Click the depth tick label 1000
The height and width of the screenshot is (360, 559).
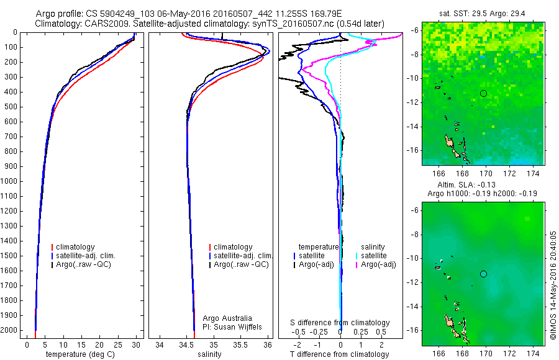pyautogui.click(x=11, y=181)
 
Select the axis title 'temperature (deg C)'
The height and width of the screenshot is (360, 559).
pyautogui.click(x=80, y=354)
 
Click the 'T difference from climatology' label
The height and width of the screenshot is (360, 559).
pyautogui.click(x=340, y=354)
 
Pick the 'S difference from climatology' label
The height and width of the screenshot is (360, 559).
pyautogui.click(x=340, y=323)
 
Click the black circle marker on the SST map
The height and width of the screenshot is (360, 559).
pyautogui.click(x=483, y=93)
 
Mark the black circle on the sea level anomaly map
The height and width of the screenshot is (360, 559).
pyautogui.click(x=483, y=274)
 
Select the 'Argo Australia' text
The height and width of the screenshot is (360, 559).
pyautogui.click(x=229, y=318)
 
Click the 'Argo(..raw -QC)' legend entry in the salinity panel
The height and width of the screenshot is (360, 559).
pyautogui.click(x=241, y=264)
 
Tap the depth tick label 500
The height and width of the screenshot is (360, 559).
pyautogui.click(x=12, y=107)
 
